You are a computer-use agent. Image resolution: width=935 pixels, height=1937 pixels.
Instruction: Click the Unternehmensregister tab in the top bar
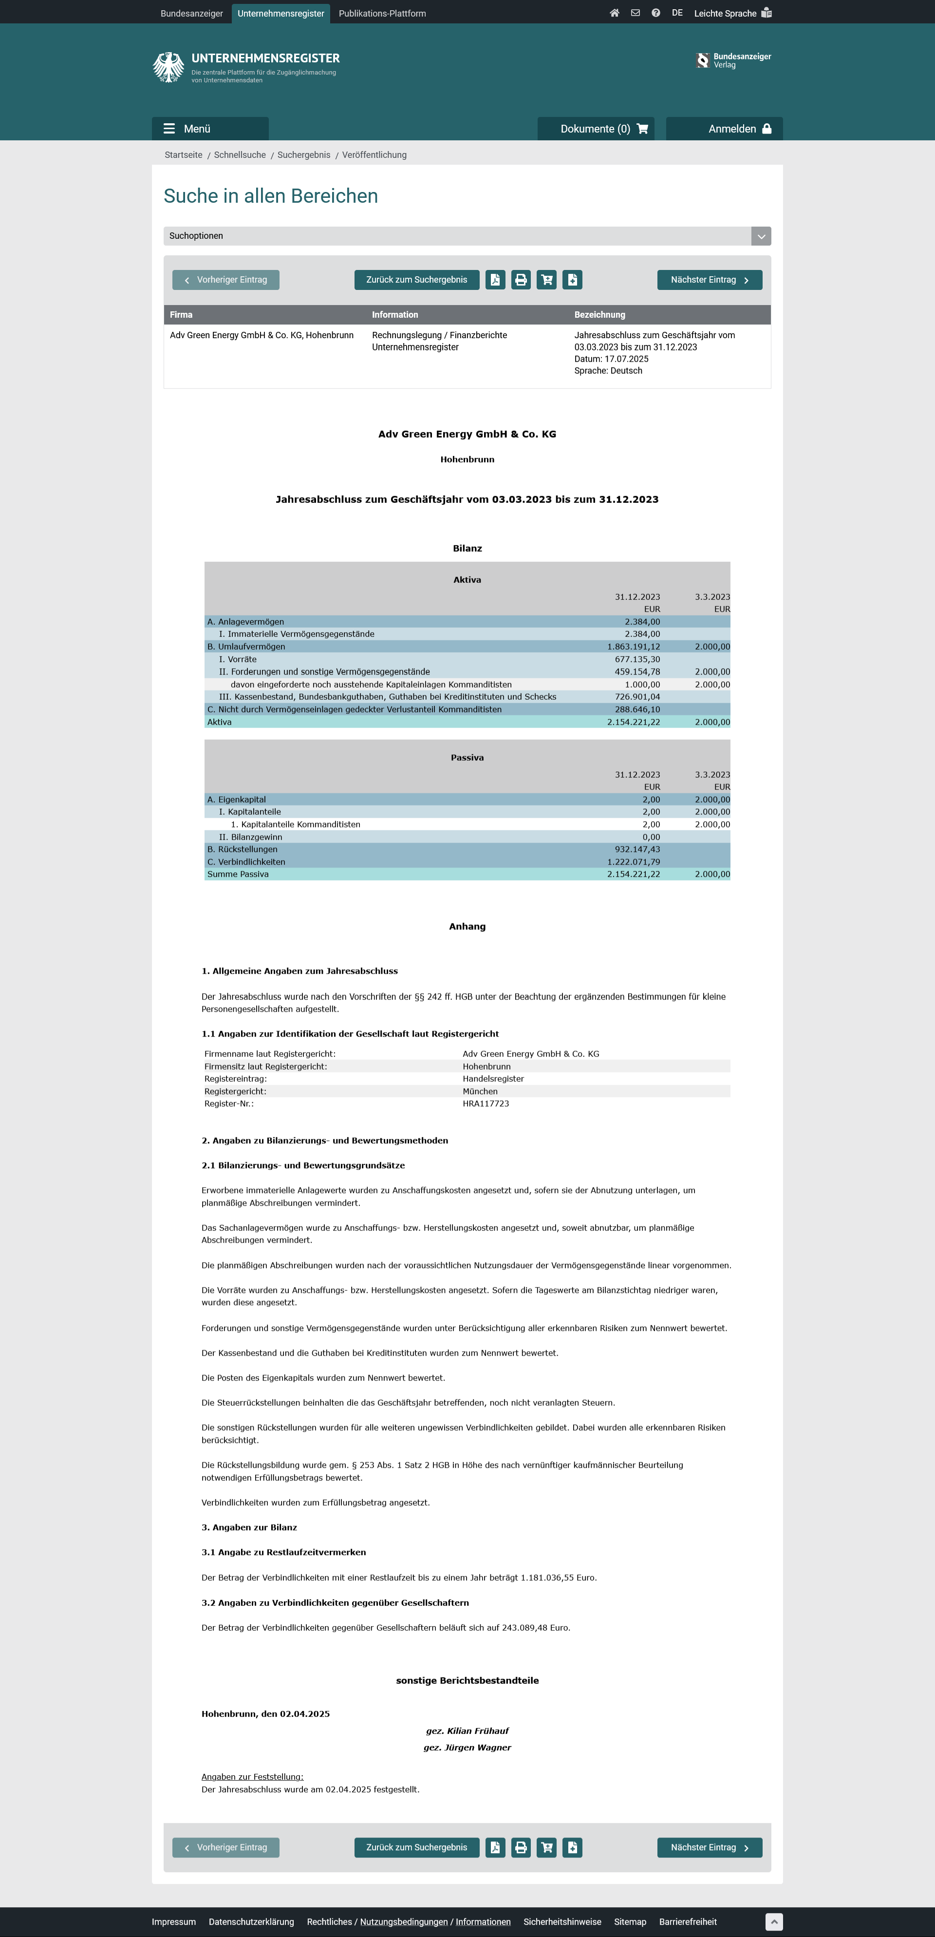pos(280,14)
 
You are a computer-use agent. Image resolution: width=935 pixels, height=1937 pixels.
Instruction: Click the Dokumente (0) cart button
pos(595,129)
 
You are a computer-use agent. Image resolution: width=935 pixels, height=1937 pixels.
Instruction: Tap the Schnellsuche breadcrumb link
pos(240,155)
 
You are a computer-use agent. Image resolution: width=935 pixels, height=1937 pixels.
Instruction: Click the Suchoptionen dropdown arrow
pos(761,236)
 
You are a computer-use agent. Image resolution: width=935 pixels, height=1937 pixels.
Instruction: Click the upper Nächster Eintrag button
pos(709,280)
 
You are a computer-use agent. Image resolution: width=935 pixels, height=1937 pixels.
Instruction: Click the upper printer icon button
pos(521,280)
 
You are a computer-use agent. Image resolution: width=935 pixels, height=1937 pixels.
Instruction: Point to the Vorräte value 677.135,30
pos(637,659)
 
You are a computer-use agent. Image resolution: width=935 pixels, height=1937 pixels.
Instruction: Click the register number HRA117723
pos(486,1104)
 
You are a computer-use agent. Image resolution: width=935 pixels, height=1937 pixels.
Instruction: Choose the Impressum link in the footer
pos(174,1921)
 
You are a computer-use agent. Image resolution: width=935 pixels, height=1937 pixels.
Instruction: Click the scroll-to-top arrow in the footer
pos(773,1921)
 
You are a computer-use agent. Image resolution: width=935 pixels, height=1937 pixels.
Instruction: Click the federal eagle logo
pos(168,67)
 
